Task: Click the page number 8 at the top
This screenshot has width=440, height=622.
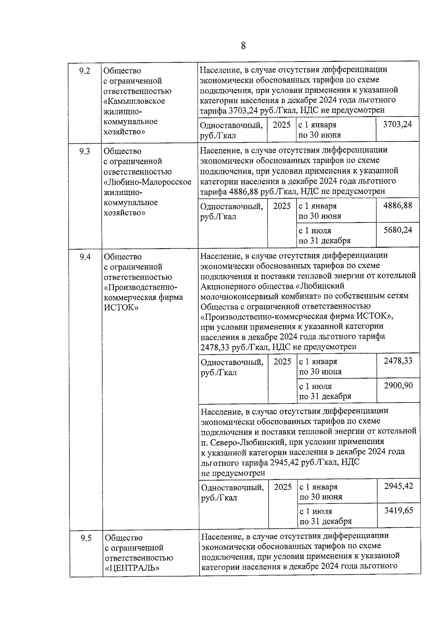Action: [243, 46]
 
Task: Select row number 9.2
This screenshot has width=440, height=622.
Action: [85, 71]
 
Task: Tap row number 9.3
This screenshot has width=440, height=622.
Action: [85, 151]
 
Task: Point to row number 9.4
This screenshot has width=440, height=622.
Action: [85, 257]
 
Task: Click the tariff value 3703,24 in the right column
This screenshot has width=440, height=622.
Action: [397, 124]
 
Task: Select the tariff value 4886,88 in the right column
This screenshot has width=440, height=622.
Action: [397, 205]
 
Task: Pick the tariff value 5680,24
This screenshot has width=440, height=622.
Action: [397, 230]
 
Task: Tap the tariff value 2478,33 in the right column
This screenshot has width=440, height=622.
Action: [398, 361]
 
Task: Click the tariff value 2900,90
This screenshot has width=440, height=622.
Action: [398, 385]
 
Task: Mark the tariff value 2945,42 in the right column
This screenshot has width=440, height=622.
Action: [398, 486]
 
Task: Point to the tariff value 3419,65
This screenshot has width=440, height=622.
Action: [398, 510]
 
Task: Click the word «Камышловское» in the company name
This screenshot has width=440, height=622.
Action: [134, 101]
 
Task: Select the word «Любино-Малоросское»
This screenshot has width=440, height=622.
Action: [147, 182]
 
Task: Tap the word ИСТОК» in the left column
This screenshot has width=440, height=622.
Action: [121, 308]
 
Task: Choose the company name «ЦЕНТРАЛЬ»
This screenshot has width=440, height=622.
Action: [132, 568]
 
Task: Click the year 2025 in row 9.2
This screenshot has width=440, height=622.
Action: [282, 125]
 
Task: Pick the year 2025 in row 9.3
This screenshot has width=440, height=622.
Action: [282, 206]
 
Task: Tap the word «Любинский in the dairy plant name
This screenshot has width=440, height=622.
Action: [320, 286]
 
